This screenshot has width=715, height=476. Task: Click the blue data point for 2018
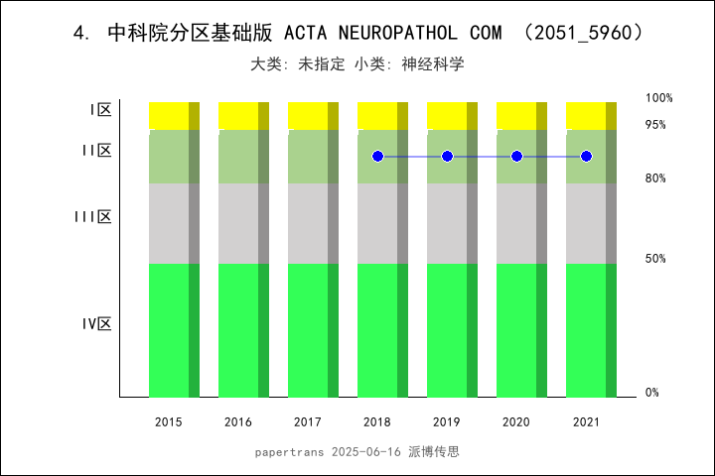[377, 157]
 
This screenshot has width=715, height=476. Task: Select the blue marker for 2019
[447, 157]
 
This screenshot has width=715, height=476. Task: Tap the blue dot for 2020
[516, 157]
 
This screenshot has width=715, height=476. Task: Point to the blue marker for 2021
[586, 157]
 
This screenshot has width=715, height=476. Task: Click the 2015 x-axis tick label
[169, 422]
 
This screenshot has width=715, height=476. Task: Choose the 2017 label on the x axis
[308, 422]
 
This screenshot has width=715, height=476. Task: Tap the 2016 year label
[238, 422]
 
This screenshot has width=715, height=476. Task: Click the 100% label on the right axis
[659, 98]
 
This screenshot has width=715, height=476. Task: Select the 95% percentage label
[655, 125]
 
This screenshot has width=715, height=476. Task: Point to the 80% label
[655, 178]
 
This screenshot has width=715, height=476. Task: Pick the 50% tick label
[655, 259]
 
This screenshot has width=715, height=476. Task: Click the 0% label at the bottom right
[652, 393]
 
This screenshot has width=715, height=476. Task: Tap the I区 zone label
[99, 110]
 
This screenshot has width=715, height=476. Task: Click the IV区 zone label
[96, 324]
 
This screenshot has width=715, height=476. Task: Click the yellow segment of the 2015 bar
[169, 115]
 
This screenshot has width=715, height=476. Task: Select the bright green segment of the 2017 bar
[308, 330]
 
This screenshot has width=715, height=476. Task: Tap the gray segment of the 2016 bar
[238, 223]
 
